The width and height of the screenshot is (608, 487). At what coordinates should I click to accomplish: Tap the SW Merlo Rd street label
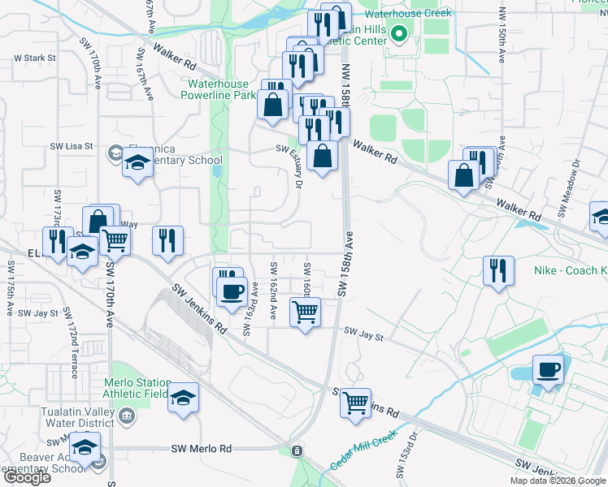pyautogui.click(x=202, y=449)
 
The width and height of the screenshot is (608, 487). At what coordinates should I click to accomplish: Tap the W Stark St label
pyautogui.click(x=35, y=58)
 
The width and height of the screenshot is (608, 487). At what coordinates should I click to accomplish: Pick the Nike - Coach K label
pyautogui.click(x=569, y=270)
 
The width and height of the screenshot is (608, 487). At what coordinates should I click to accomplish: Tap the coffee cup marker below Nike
pyautogui.click(x=548, y=371)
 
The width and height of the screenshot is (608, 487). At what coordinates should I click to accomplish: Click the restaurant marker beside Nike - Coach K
pyautogui.click(x=498, y=270)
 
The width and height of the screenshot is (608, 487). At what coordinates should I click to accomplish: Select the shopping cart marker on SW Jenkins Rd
pyautogui.click(x=355, y=403)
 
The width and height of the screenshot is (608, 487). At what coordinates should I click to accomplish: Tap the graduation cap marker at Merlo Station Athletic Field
pyautogui.click(x=184, y=399)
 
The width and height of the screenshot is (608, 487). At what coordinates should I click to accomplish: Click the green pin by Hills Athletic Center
pyautogui.click(x=399, y=34)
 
